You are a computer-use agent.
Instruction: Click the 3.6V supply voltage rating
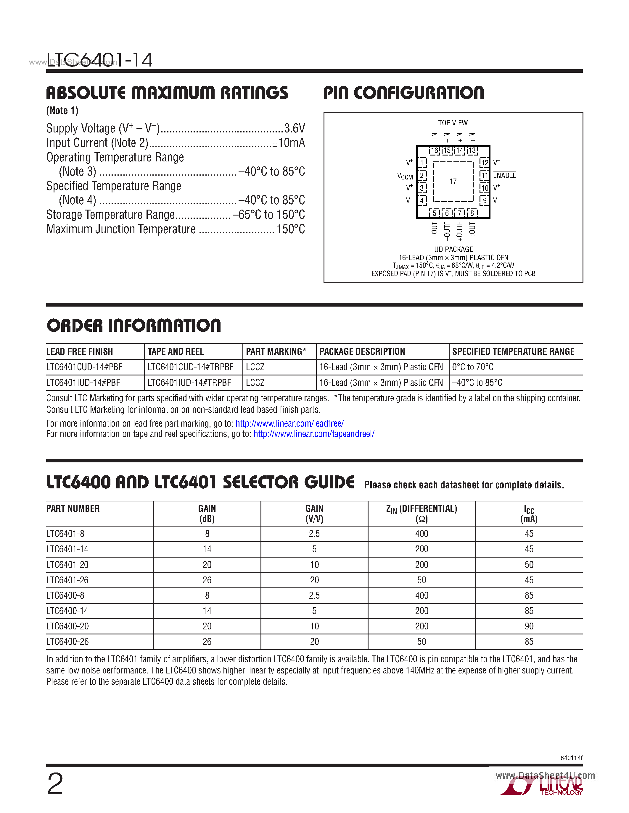click(295, 128)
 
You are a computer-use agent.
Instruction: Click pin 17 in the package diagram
click(453, 181)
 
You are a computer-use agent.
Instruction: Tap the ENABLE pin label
click(505, 175)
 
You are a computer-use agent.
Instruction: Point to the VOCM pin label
click(405, 176)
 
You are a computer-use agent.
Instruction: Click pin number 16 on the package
click(435, 151)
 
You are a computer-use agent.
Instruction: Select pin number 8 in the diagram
click(472, 213)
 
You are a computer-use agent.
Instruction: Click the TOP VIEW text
click(453, 123)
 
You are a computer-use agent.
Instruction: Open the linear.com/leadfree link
click(289, 423)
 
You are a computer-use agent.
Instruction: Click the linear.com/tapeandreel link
click(314, 434)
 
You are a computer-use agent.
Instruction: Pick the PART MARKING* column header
click(276, 352)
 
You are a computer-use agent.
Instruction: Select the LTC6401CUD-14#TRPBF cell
click(190, 367)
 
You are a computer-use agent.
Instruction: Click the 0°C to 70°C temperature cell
click(472, 367)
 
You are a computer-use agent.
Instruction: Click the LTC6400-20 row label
click(67, 626)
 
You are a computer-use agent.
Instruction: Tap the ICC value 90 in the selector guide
click(529, 626)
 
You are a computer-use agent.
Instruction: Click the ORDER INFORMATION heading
click(134, 325)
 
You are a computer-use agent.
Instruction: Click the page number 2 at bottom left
click(55, 784)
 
